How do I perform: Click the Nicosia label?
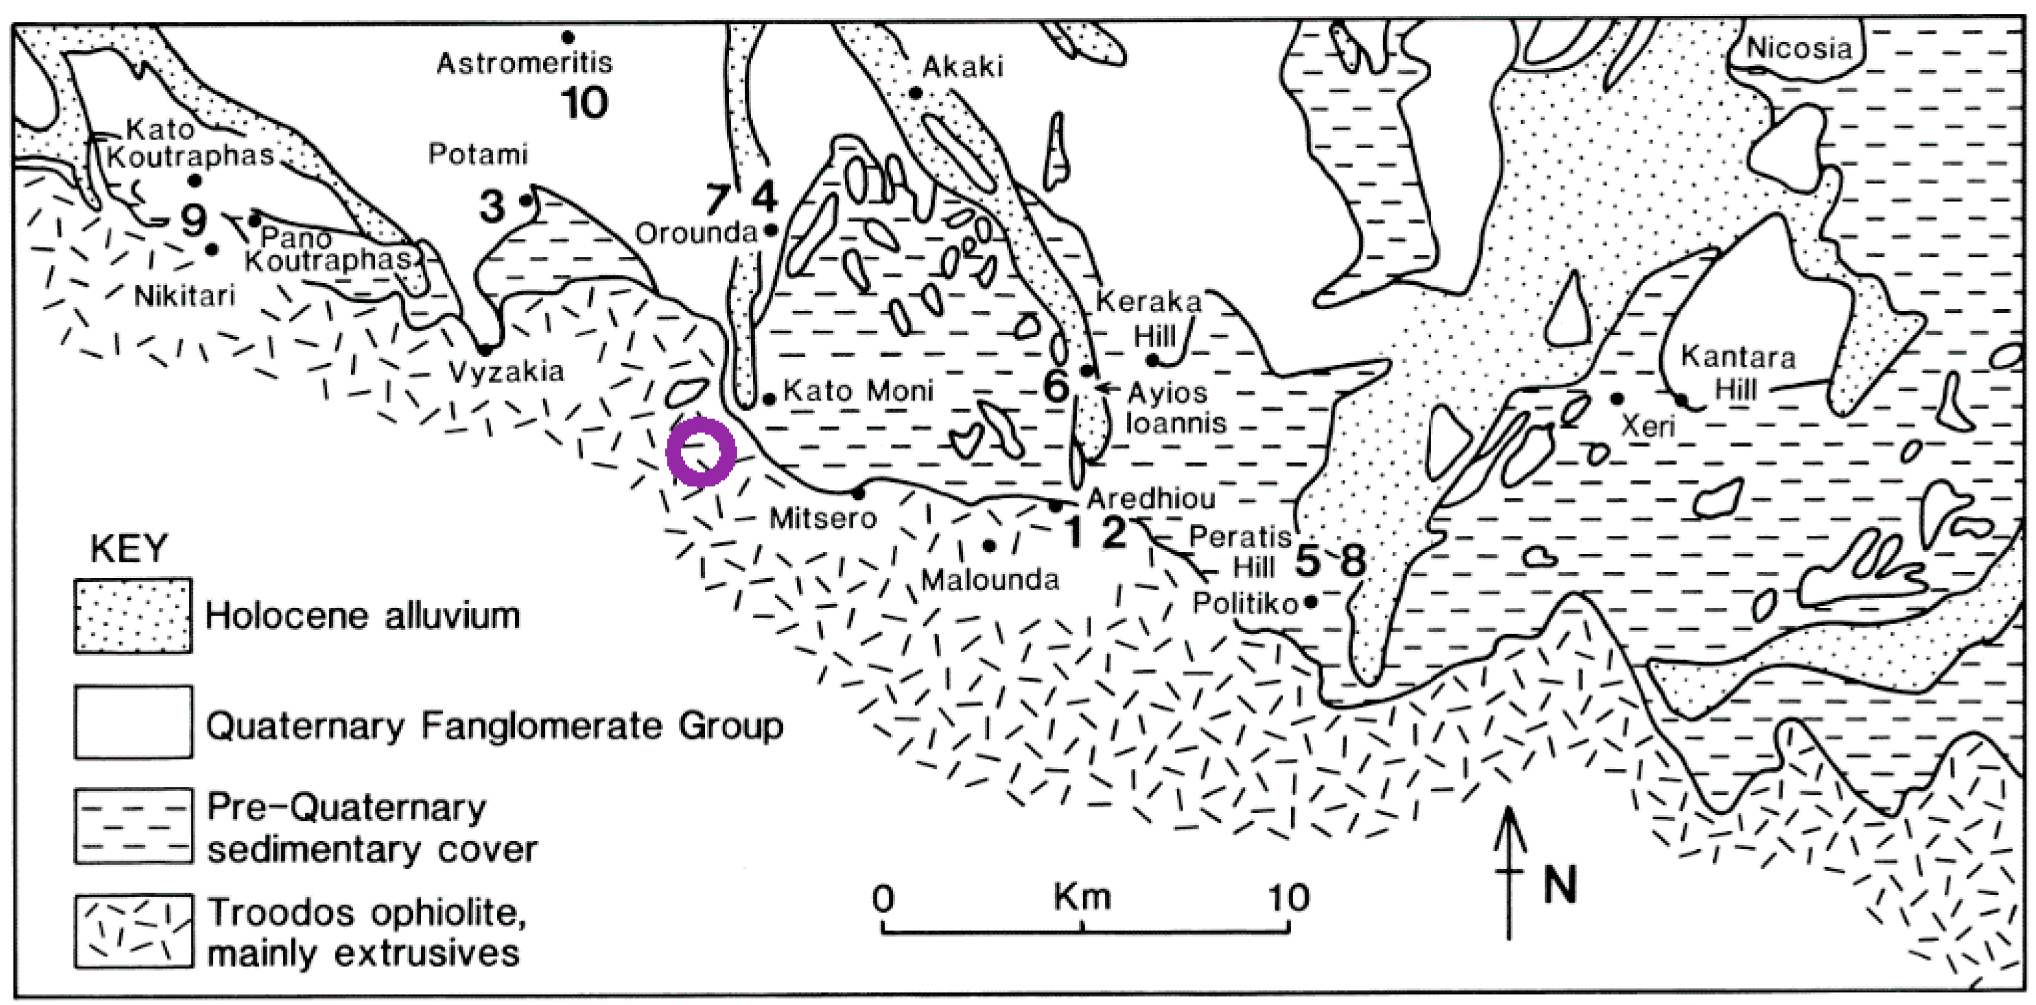(1799, 49)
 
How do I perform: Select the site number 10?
(585, 103)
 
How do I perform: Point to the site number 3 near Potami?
(492, 206)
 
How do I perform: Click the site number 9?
(194, 220)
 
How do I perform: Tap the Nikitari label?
(185, 296)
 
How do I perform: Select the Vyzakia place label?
(506, 371)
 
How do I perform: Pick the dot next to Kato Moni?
(769, 400)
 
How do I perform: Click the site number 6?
(1056, 386)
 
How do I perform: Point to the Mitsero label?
(823, 519)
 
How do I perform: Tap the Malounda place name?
(989, 581)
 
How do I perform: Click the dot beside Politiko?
(1310, 602)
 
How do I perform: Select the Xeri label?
(1648, 426)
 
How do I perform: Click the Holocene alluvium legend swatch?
(133, 616)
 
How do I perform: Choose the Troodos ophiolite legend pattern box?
(133, 930)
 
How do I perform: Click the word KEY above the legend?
(129, 548)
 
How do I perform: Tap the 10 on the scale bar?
(1289, 898)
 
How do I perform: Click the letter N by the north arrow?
(1560, 885)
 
